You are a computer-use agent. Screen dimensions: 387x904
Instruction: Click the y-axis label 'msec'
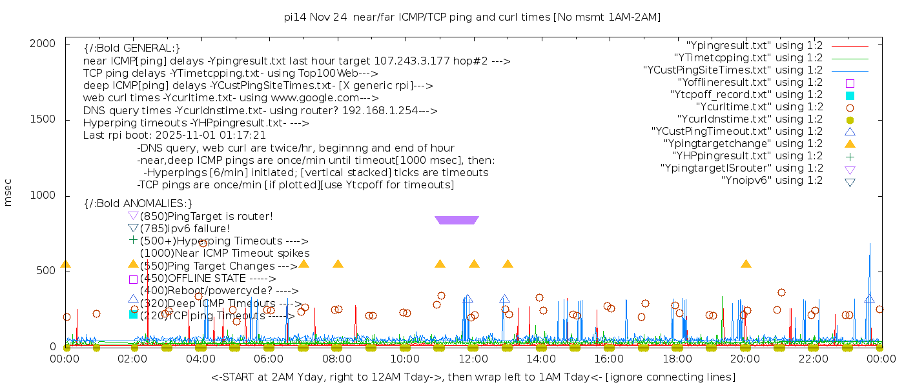click(x=8, y=192)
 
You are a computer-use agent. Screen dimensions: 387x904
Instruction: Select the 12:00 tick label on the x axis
click(x=473, y=359)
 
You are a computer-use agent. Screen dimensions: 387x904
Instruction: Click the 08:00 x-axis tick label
click(x=337, y=359)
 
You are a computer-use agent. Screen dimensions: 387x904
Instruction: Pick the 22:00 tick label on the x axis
click(x=813, y=359)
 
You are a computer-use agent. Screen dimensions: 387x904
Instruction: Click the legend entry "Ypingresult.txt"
click(x=754, y=46)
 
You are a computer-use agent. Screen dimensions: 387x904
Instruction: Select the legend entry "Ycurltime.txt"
click(x=759, y=107)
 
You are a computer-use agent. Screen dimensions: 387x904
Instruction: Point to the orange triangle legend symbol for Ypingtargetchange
click(x=850, y=144)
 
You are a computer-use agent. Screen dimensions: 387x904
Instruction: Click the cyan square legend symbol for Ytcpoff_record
click(x=850, y=95)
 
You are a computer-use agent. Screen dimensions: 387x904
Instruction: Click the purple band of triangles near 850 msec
click(x=457, y=220)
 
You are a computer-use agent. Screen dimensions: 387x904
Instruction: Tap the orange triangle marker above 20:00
click(x=746, y=264)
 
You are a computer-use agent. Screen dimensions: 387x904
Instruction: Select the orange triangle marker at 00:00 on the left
click(x=65, y=264)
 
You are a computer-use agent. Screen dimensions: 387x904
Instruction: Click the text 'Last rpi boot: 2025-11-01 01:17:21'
click(x=174, y=135)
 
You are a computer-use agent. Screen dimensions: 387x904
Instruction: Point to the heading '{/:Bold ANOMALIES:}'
click(x=138, y=204)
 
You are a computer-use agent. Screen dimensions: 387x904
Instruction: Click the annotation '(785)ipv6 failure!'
click(x=185, y=228)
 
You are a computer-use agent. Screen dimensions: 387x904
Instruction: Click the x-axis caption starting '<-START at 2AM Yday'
click(x=473, y=377)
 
